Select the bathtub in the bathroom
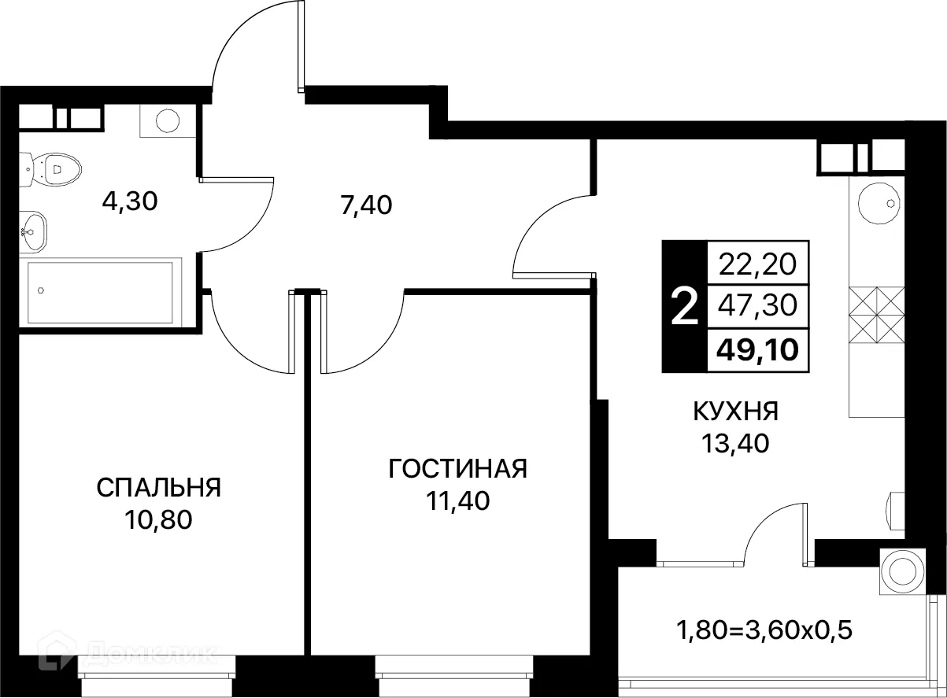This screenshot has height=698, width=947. (100, 290)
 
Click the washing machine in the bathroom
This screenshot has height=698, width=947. (166, 120)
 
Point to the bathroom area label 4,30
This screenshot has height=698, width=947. (130, 201)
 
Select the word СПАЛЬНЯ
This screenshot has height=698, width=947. (158, 488)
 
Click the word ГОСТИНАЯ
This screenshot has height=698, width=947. (457, 469)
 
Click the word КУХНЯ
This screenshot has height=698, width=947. (735, 412)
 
